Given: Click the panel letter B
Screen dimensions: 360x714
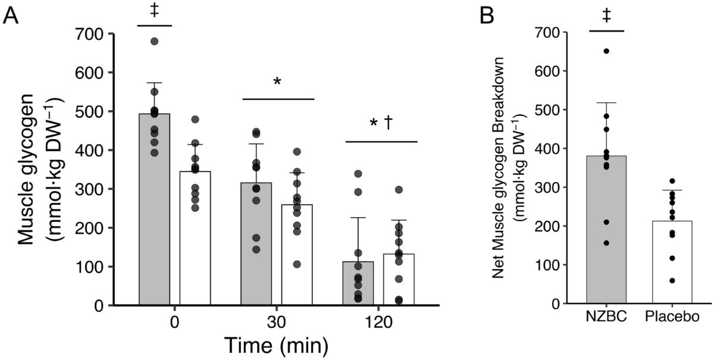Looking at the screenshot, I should click(x=486, y=16).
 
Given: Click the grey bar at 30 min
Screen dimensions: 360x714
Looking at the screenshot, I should click(x=256, y=250).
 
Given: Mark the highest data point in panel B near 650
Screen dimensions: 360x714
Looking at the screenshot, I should click(x=606, y=51).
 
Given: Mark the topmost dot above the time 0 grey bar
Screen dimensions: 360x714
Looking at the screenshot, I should click(x=154, y=41).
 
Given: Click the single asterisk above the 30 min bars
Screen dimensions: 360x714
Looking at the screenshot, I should click(x=278, y=82).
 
